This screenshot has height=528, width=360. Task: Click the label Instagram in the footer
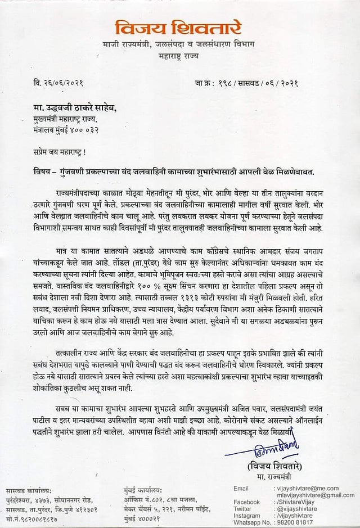tap(246, 515)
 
